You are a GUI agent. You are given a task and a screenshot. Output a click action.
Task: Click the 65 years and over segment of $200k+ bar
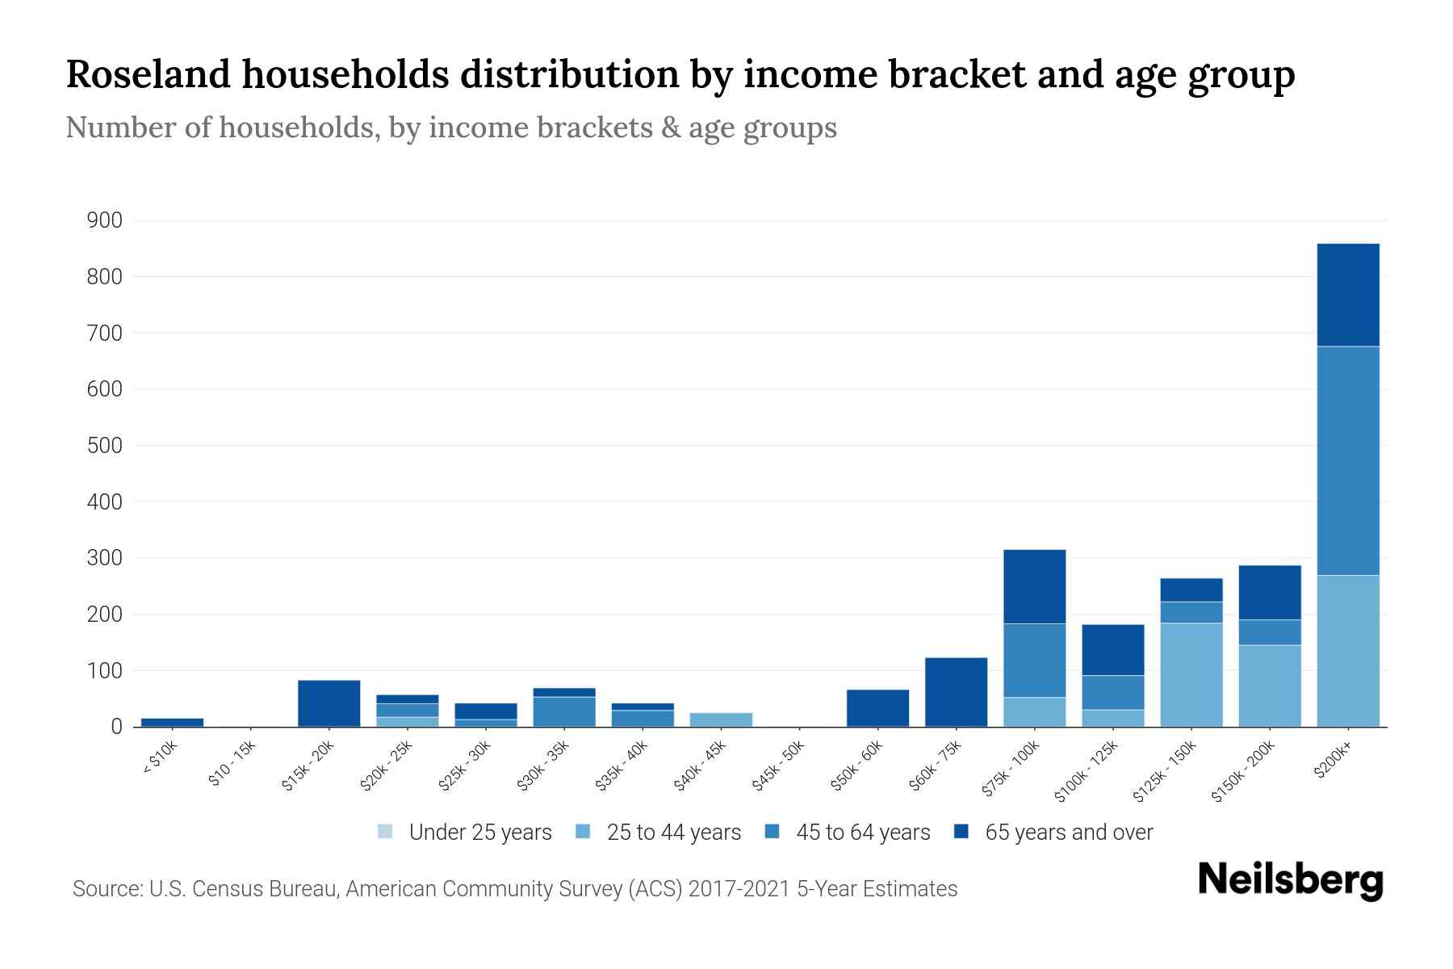(x=1347, y=295)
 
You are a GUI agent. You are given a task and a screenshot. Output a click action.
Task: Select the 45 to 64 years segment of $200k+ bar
(x=1347, y=460)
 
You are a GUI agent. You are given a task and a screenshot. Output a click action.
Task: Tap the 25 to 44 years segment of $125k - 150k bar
(x=1191, y=674)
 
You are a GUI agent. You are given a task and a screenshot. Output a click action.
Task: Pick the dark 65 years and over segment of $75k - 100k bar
(x=1034, y=586)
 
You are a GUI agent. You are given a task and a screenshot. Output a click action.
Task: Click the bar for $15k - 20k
(x=329, y=703)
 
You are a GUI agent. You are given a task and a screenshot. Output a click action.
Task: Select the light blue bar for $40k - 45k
(x=721, y=719)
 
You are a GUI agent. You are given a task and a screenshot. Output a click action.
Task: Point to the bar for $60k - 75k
(x=956, y=692)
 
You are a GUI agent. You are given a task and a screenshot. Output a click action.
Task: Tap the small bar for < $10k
(x=172, y=722)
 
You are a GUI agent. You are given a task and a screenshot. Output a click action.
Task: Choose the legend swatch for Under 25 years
(x=385, y=832)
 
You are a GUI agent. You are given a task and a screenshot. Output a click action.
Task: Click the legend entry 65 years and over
(x=1068, y=833)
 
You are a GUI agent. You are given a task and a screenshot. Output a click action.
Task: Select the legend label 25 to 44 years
(x=673, y=833)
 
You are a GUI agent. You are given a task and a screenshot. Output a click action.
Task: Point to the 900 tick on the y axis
(x=104, y=220)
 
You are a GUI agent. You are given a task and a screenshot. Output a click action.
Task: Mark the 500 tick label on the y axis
(x=104, y=446)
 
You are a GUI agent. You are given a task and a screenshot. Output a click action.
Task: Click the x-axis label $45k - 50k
(x=778, y=766)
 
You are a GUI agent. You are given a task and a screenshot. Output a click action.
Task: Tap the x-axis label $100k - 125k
(x=1087, y=771)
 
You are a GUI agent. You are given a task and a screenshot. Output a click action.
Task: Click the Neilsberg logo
(x=1290, y=880)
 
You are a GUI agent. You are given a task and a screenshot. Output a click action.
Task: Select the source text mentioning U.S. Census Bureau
(x=514, y=889)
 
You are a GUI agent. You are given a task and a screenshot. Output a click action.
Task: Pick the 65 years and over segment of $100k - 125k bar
(x=1112, y=649)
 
